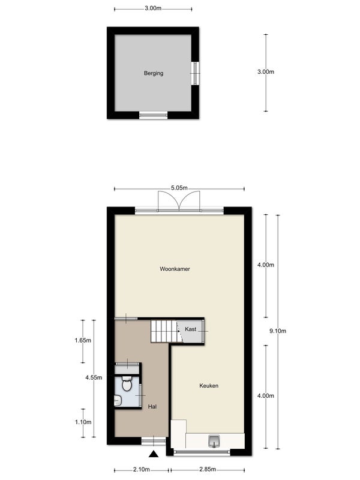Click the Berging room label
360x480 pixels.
pyautogui.click(x=153, y=74)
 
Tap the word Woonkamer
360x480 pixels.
pyautogui.click(x=175, y=269)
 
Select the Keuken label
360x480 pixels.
pyautogui.click(x=208, y=386)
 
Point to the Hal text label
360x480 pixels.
pyautogui.click(x=152, y=407)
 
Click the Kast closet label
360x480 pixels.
pyautogui.click(x=191, y=329)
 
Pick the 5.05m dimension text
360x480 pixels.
pyautogui.click(x=178, y=188)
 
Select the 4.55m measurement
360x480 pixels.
pyautogui.click(x=93, y=379)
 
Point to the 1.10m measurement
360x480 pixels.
pyautogui.click(x=83, y=422)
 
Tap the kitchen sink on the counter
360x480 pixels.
pyautogui.click(x=215, y=442)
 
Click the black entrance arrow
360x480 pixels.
pyautogui.click(x=154, y=455)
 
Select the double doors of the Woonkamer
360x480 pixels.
pyautogui.click(x=178, y=202)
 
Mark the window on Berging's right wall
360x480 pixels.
pyautogui.click(x=195, y=73)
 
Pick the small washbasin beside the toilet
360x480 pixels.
pyautogui.click(x=118, y=401)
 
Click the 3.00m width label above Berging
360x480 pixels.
pyautogui.click(x=153, y=8)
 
